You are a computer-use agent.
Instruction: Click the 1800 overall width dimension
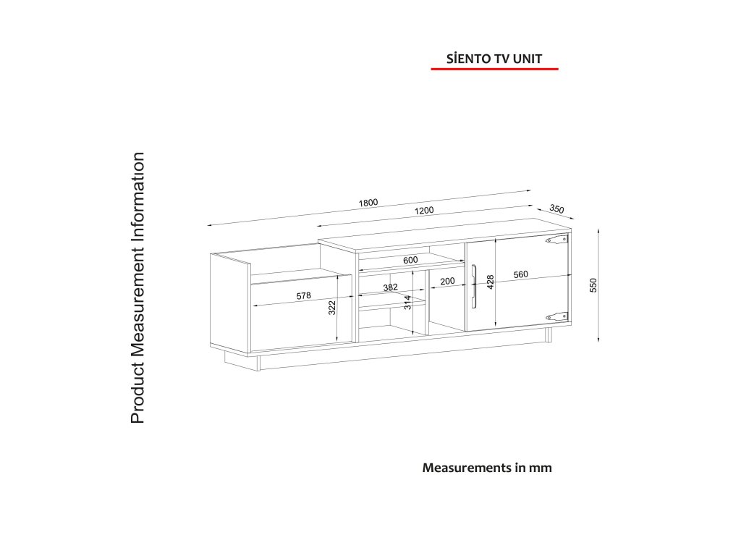point(368,203)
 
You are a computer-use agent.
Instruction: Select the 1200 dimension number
point(424,211)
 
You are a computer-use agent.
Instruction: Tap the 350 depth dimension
point(556,208)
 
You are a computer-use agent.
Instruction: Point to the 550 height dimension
point(593,285)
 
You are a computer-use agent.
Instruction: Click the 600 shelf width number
point(410,260)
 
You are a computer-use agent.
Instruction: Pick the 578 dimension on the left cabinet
point(304,295)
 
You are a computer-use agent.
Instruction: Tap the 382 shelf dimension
point(391,287)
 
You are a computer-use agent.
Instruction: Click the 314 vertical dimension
point(407,302)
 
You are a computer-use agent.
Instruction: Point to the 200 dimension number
point(447,281)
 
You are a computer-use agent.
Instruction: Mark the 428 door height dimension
point(490,282)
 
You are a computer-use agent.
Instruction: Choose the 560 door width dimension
point(520,274)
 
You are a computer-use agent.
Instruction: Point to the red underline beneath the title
point(496,69)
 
